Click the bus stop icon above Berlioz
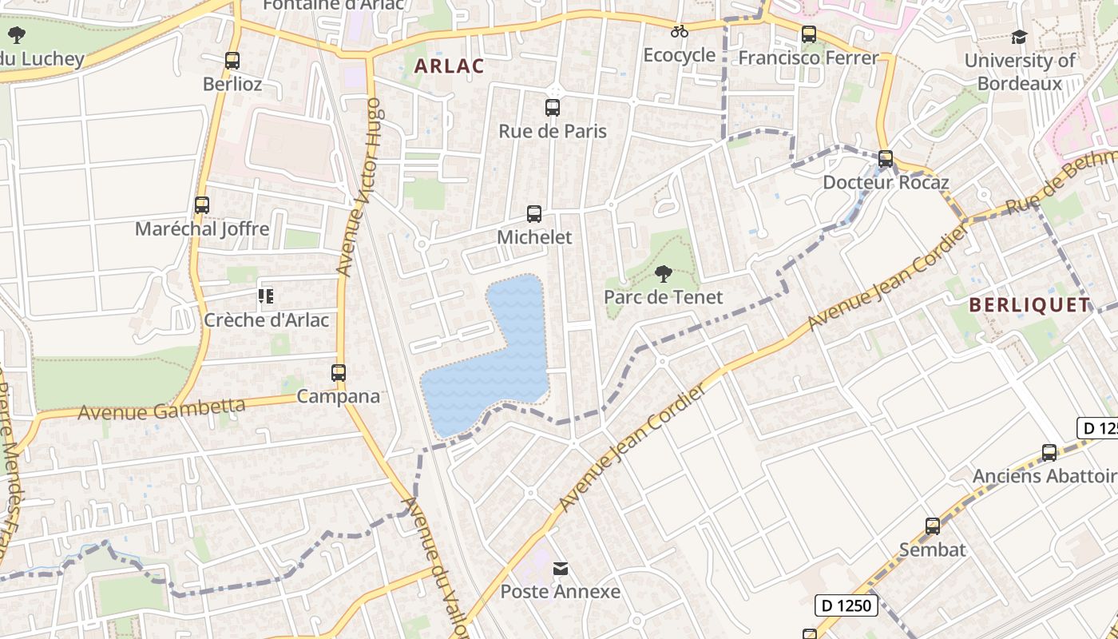pyautogui.click(x=232, y=61)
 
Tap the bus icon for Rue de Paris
pyautogui.click(x=553, y=108)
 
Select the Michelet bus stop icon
pyautogui.click(x=534, y=214)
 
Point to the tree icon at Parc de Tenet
pyautogui.click(x=663, y=275)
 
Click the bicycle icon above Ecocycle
pyautogui.click(x=680, y=32)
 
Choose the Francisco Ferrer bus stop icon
pyautogui.click(x=809, y=34)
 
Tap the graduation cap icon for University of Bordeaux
pyautogui.click(x=1019, y=38)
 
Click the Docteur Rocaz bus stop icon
pyautogui.click(x=886, y=159)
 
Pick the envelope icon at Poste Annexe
pyautogui.click(x=561, y=569)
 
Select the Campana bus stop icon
pyautogui.click(x=339, y=373)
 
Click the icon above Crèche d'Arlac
pyautogui.click(x=266, y=297)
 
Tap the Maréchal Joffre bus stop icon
pyautogui.click(x=202, y=205)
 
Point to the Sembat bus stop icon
pyautogui.click(x=933, y=526)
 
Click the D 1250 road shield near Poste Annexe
pyautogui.click(x=846, y=605)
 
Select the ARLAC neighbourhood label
pyautogui.click(x=449, y=66)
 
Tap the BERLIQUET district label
pyautogui.click(x=1029, y=304)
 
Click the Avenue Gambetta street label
pyautogui.click(x=161, y=410)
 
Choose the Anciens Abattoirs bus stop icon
pyautogui.click(x=1049, y=453)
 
